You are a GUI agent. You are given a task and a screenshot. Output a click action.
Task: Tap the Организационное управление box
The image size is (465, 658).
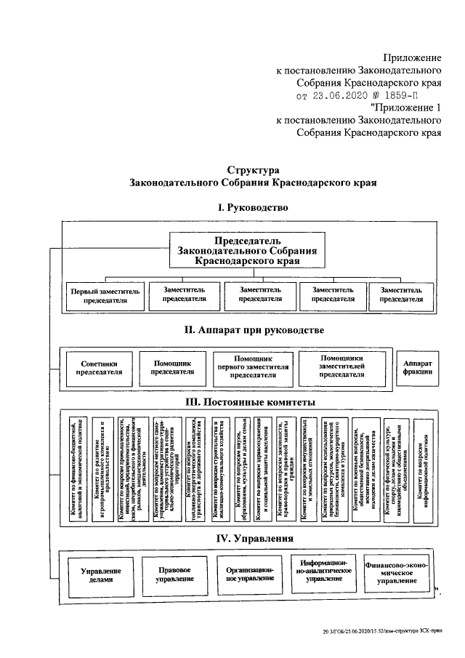[x=250, y=574]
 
